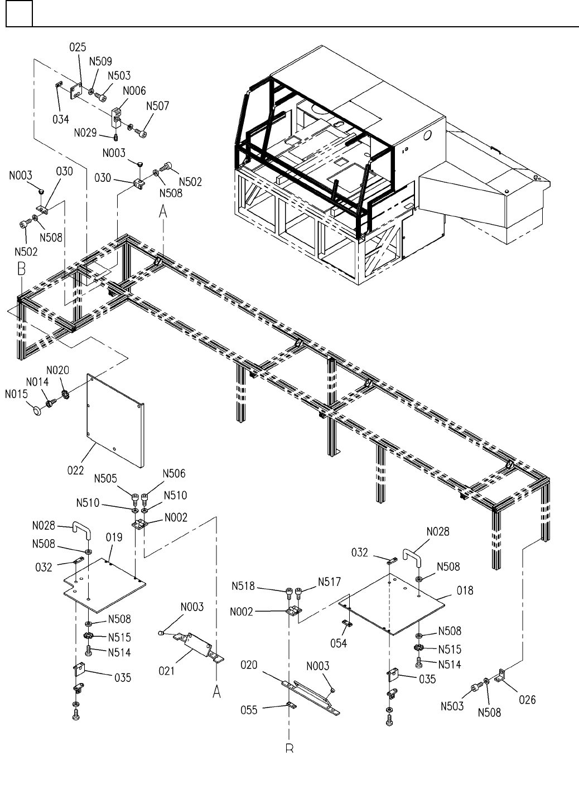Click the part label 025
coord(78,48)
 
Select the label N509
coord(100,62)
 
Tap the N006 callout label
coord(134,90)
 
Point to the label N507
coord(157,106)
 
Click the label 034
coord(61,119)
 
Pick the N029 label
coord(85,133)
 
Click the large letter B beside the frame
coord(21,269)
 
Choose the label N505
coord(105,478)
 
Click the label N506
coord(174,474)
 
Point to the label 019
coord(114,538)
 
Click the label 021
coord(166,671)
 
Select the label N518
coord(243,586)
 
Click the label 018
coord(465,590)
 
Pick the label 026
coord(527,699)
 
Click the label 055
coord(249,711)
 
